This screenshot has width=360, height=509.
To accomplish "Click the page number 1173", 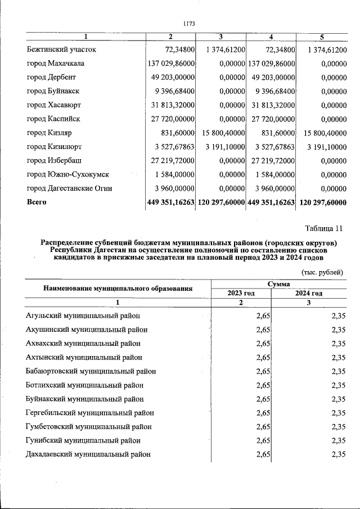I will (x=188, y=24).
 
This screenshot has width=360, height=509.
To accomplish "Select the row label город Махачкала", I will (x=56, y=64).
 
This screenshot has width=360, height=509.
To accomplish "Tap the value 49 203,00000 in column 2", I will (x=171, y=77).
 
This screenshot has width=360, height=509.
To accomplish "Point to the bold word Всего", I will (x=37, y=202).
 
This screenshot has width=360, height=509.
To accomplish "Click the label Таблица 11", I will (x=323, y=228).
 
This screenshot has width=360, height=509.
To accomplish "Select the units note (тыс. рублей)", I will (x=322, y=272).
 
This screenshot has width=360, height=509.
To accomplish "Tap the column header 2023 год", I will (x=241, y=293).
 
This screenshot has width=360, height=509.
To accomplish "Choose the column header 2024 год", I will (x=308, y=293).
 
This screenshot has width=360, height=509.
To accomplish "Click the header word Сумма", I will (x=278, y=285).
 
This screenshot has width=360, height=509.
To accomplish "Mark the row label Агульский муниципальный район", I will (x=83, y=316).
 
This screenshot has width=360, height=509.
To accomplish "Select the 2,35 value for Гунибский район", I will (x=338, y=440).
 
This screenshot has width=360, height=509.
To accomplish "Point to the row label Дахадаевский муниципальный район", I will (x=88, y=454).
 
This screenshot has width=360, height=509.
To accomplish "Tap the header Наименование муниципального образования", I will (x=118, y=289).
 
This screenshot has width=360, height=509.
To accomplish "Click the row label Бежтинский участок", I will (x=61, y=49).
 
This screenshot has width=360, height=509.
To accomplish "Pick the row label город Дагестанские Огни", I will (x=69, y=188).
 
